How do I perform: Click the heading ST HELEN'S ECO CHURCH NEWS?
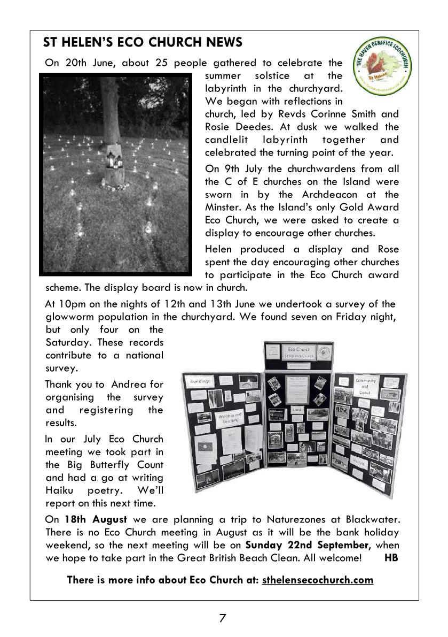point(143,42)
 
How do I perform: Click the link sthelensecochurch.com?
point(317,580)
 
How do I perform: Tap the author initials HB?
point(391,558)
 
